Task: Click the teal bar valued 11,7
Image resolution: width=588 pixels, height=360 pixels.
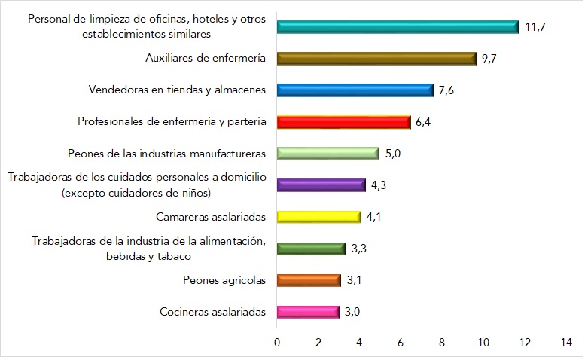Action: pyautogui.click(x=398, y=27)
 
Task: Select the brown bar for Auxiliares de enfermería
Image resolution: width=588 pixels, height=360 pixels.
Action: pyautogui.click(x=376, y=59)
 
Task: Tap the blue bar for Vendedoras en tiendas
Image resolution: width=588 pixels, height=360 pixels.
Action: pyautogui.click(x=355, y=90)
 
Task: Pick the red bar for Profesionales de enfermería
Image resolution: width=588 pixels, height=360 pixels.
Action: pyautogui.click(x=343, y=122)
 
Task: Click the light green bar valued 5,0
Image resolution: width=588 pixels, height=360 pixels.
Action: pyautogui.click(x=328, y=154)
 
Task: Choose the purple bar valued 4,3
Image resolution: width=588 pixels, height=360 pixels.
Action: pyautogui.click(x=321, y=185)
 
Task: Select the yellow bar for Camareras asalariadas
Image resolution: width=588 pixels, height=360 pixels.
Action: pyautogui.click(x=318, y=217)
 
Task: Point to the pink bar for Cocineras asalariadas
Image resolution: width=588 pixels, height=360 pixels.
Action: pyautogui.click(x=308, y=312)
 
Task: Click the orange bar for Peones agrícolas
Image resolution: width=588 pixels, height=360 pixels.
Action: pyautogui.click(x=309, y=280)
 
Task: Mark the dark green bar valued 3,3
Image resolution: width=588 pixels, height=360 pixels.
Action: pyautogui.click(x=311, y=249)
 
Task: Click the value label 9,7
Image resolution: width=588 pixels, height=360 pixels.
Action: pyautogui.click(x=489, y=59)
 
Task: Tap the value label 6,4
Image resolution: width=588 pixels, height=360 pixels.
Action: pyautogui.click(x=424, y=122)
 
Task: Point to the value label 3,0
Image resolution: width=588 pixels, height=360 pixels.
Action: pyautogui.click(x=352, y=312)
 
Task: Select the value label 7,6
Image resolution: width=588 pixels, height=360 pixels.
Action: pyautogui.click(x=446, y=90)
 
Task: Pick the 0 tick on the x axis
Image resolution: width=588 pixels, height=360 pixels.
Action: pyautogui.click(x=277, y=343)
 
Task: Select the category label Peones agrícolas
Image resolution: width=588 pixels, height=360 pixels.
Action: pyautogui.click(x=224, y=280)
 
